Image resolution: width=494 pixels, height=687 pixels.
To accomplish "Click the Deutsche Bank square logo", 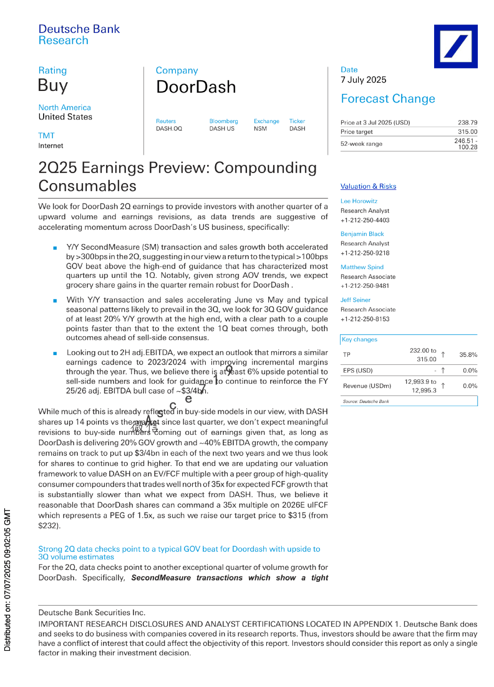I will pyautogui.click(x=455, y=46).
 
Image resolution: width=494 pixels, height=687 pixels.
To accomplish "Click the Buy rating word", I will pyautogui.click(x=53, y=86).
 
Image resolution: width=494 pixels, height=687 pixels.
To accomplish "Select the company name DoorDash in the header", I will pyautogui.click(x=196, y=87).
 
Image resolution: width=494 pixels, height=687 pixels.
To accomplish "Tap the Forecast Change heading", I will pyautogui.click(x=388, y=99).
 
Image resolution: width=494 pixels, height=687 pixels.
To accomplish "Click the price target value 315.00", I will pyautogui.click(x=467, y=132).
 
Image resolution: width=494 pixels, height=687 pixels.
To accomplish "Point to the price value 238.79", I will pyautogui.click(x=467, y=123).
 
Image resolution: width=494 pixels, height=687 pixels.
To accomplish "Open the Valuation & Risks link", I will pyautogui.click(x=368, y=186).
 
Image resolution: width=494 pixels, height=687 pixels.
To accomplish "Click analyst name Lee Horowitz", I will pyautogui.click(x=359, y=201).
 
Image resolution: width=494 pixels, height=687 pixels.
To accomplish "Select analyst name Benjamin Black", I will pyautogui.click(x=362, y=234).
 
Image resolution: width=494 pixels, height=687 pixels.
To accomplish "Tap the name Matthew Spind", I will pyautogui.click(x=362, y=267).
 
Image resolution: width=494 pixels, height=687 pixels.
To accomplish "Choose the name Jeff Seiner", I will pyautogui.click(x=355, y=300).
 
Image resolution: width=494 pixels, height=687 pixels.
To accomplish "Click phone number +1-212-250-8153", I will pyautogui.click(x=365, y=319).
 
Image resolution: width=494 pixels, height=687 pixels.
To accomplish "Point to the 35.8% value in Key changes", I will pyautogui.click(x=468, y=355).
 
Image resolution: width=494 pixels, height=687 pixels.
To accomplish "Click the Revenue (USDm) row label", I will pyautogui.click(x=367, y=386).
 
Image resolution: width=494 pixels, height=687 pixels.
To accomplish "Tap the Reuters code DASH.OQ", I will pyautogui.click(x=169, y=129).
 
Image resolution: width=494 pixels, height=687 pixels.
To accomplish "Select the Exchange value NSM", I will pyautogui.click(x=260, y=129).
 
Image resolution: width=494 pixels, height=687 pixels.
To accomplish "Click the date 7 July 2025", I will pyautogui.click(x=363, y=80).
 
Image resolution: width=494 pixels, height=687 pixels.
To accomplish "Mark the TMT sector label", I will pyautogui.click(x=46, y=136).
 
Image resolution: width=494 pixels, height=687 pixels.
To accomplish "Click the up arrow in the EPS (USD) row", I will pyautogui.click(x=443, y=370).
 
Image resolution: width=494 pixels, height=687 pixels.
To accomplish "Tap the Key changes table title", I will pyautogui.click(x=359, y=339).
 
